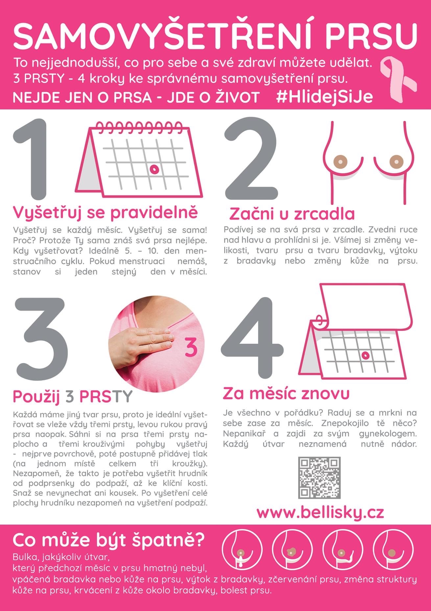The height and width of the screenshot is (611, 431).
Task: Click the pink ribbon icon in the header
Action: tap(397, 78)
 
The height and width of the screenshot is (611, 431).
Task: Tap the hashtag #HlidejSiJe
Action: tap(324, 97)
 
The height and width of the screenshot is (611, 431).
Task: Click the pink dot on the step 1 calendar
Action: tap(154, 169)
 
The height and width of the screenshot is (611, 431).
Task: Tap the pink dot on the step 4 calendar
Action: tap(365, 355)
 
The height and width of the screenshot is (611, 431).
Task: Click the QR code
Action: tap(319, 478)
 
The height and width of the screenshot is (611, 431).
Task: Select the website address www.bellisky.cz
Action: tap(320, 512)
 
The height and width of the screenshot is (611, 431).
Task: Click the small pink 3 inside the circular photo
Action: tap(191, 347)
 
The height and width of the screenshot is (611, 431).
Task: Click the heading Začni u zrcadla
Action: tap(292, 214)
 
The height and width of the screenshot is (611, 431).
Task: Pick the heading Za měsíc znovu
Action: tap(286, 393)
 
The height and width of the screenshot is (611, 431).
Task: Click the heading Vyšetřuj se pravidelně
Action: tap(105, 213)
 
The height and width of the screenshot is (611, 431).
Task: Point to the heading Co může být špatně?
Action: tap(108, 540)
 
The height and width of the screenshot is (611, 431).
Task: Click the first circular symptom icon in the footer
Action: tap(242, 549)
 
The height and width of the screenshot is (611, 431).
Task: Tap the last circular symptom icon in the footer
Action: tap(393, 549)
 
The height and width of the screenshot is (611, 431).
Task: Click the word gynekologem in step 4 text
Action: tap(388, 434)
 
